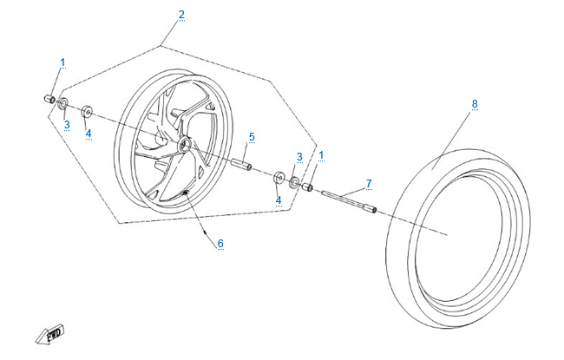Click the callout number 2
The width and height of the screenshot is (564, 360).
181,14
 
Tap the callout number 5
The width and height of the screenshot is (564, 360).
252,137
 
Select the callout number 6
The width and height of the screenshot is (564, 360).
220,244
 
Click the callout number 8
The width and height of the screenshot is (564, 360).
475,104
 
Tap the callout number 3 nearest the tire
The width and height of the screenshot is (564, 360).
298,156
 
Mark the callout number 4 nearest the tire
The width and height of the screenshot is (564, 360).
279,200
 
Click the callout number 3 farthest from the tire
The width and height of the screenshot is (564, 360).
66,125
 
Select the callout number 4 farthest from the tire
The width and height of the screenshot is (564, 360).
88,133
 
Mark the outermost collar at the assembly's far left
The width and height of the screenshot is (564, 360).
49,99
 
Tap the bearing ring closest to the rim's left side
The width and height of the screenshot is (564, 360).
87,112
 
